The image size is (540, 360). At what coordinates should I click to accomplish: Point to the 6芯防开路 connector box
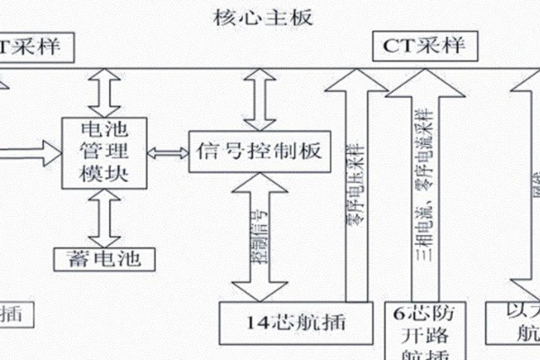(422, 328)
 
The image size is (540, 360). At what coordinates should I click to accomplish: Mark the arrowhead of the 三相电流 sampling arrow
(421, 85)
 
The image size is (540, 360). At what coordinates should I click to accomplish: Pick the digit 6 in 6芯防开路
(399, 314)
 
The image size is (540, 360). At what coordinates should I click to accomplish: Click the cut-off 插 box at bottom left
(13, 314)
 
